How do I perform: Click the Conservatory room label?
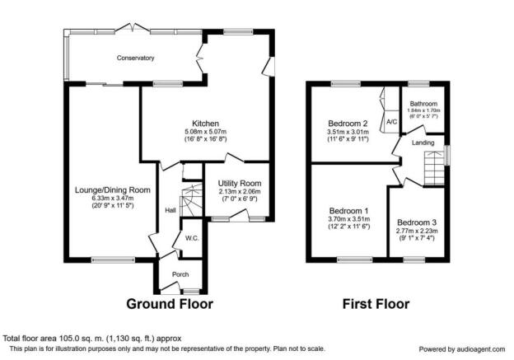[x=135, y=58]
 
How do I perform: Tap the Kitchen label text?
[x=205, y=124]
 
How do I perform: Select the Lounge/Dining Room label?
[x=113, y=190]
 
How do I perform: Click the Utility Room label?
[x=240, y=183]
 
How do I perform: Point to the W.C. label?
[x=192, y=238]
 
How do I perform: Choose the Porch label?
[x=180, y=274]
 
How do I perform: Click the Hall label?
[x=171, y=211]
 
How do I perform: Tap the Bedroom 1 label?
[x=348, y=211]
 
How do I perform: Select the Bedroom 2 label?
[x=348, y=124]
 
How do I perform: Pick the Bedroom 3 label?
[x=417, y=222]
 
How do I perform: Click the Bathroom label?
[x=423, y=104]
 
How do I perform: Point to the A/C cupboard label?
[x=392, y=122]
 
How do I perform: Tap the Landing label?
[x=423, y=143]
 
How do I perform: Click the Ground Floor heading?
[x=170, y=304]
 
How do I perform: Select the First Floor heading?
[x=376, y=304]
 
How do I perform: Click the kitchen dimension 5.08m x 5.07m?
[x=206, y=132]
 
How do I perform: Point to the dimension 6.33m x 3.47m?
[x=112, y=199]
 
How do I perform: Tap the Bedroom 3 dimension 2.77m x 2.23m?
[x=417, y=231]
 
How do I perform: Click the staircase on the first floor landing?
[x=434, y=168]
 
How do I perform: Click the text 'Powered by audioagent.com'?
[x=462, y=349]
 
